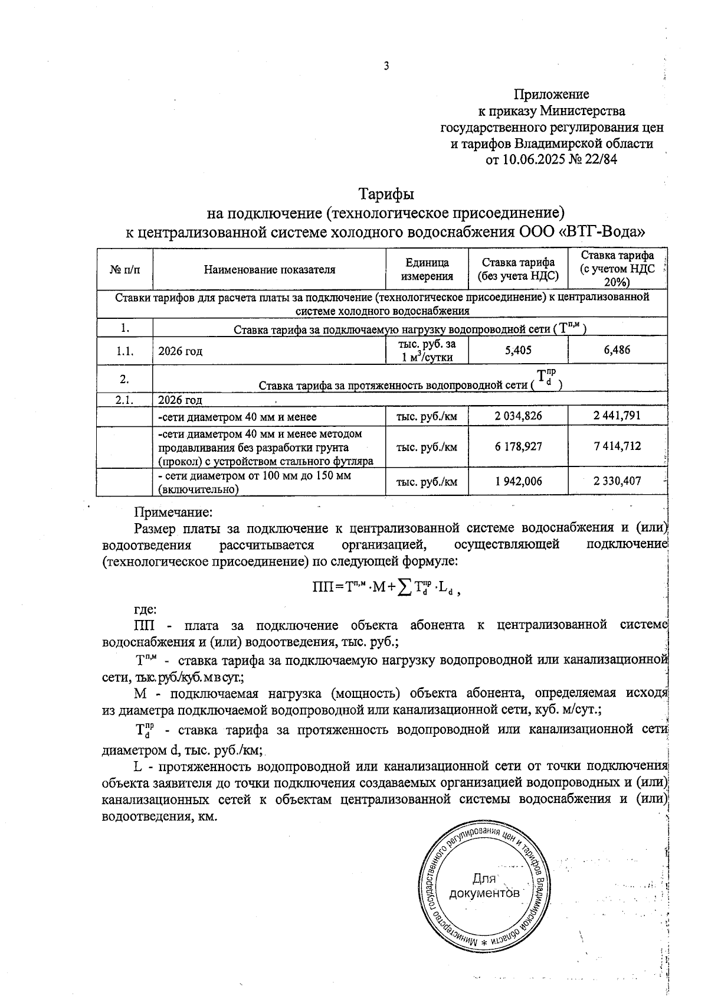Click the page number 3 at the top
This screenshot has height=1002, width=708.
386,66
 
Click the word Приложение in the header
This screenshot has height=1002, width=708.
551,94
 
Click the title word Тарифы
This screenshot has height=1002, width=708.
386,194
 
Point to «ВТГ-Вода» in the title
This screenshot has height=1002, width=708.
601,231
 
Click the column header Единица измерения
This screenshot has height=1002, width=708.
427,269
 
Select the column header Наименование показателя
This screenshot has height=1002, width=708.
270,270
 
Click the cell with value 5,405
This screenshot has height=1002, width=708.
518,350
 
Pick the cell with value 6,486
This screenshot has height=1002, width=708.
617,350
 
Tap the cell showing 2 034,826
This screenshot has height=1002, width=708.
518,416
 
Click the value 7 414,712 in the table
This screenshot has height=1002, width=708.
617,446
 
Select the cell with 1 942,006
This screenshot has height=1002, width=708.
518,482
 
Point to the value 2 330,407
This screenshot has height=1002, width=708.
617,482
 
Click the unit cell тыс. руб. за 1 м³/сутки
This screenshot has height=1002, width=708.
427,350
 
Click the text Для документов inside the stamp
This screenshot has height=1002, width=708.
484,886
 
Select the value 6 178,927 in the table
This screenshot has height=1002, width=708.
518,446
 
